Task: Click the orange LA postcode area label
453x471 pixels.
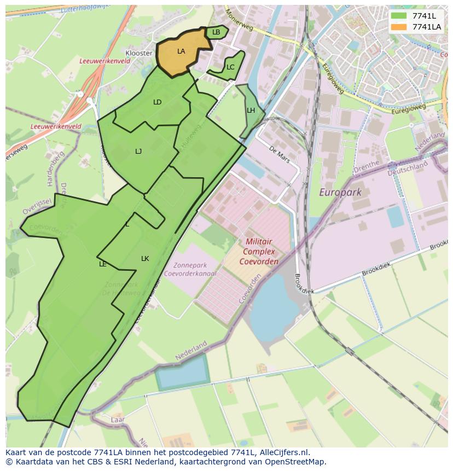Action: click(x=181, y=51)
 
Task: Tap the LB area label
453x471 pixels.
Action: click(x=216, y=32)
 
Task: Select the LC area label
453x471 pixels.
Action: click(x=230, y=67)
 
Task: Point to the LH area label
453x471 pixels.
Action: click(x=251, y=111)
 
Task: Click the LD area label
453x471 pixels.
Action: click(x=158, y=102)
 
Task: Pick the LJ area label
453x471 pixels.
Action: click(x=138, y=152)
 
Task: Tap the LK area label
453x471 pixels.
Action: click(x=145, y=259)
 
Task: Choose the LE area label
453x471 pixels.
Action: click(x=103, y=264)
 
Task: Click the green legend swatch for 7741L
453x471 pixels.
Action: click(x=399, y=16)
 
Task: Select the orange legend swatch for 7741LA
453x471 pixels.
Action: click(x=399, y=26)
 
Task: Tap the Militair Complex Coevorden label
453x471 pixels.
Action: click(x=259, y=251)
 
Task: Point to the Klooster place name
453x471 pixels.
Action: click(x=139, y=53)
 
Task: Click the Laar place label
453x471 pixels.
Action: click(x=118, y=420)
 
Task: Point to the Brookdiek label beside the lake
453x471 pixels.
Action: click(x=304, y=283)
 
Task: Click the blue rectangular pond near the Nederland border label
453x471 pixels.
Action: click(x=182, y=372)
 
